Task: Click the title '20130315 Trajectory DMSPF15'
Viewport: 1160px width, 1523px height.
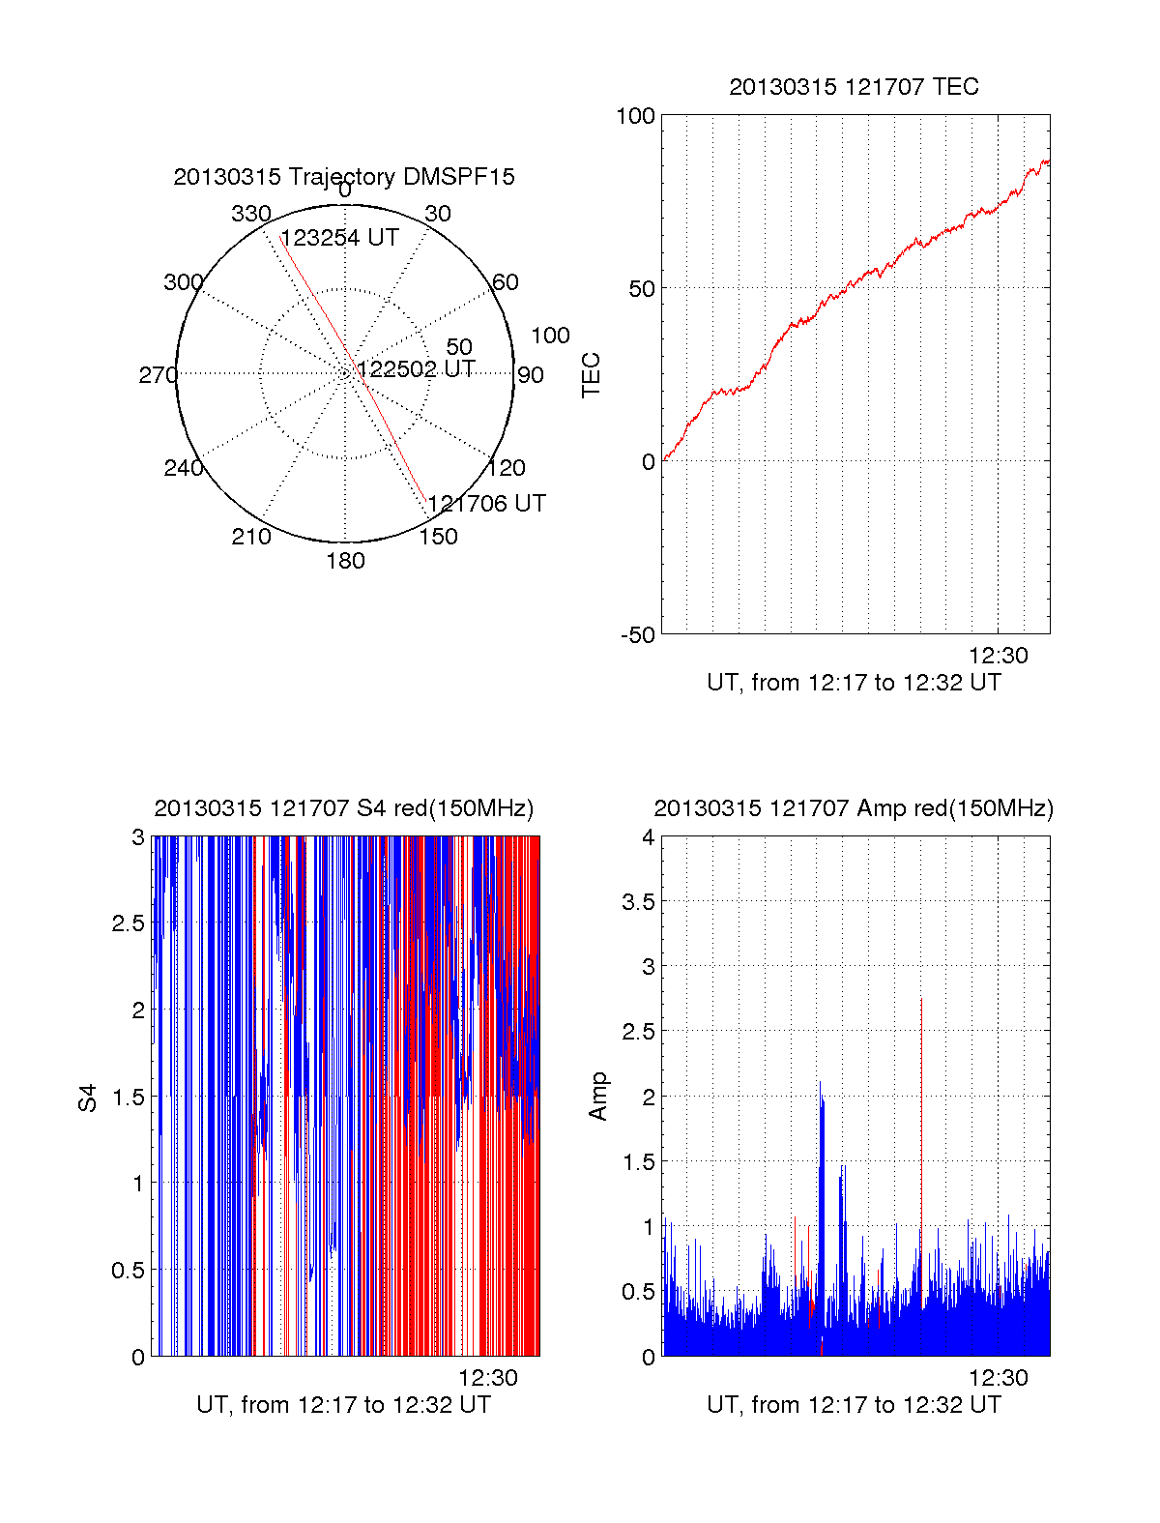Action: point(344,177)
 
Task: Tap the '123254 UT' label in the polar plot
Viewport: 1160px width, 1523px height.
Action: point(339,238)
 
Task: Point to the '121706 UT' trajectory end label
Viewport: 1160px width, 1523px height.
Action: point(486,504)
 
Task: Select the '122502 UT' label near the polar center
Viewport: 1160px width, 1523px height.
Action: point(416,369)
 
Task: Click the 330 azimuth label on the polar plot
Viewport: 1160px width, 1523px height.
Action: point(250,214)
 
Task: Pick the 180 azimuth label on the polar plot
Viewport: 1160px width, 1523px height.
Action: point(345,561)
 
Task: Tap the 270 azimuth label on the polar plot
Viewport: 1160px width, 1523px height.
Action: point(158,375)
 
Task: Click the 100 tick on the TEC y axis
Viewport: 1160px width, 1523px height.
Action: point(635,116)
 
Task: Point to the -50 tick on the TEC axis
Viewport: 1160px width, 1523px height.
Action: point(638,635)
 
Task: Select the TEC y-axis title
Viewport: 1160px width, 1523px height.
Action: point(592,375)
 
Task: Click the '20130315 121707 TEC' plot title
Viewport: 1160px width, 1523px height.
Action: point(854,87)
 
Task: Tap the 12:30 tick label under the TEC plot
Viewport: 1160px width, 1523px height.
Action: point(999,656)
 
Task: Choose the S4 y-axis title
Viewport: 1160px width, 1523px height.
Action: point(88,1098)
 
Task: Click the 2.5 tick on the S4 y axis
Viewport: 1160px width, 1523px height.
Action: point(129,923)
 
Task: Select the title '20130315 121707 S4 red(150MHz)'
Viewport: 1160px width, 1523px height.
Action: point(343,808)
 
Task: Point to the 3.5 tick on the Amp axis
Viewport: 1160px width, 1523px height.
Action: point(637,902)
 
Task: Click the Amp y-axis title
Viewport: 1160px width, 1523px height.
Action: point(599,1097)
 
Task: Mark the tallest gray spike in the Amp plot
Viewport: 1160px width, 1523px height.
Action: point(921,1000)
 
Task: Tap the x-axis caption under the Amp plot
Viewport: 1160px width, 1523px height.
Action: point(854,1405)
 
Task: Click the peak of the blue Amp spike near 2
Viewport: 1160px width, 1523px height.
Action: point(820,1083)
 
